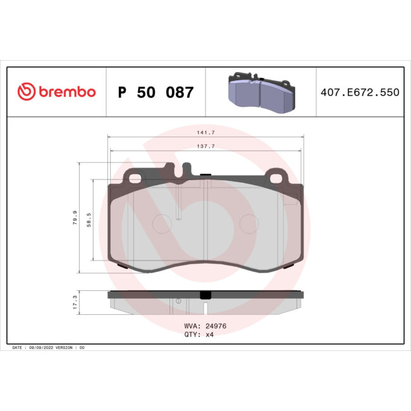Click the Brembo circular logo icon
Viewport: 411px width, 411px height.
tap(26, 92)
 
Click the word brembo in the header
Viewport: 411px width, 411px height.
tap(67, 92)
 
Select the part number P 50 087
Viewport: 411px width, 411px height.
tap(156, 93)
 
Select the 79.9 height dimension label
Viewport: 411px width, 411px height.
tap(75, 218)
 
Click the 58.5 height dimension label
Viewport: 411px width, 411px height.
tap(89, 218)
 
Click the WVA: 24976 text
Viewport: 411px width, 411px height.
tap(201, 327)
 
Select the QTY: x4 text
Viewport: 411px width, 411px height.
tap(197, 336)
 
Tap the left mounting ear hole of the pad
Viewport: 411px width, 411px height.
tap(135, 178)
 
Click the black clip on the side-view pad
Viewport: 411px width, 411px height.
tap(205, 295)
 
